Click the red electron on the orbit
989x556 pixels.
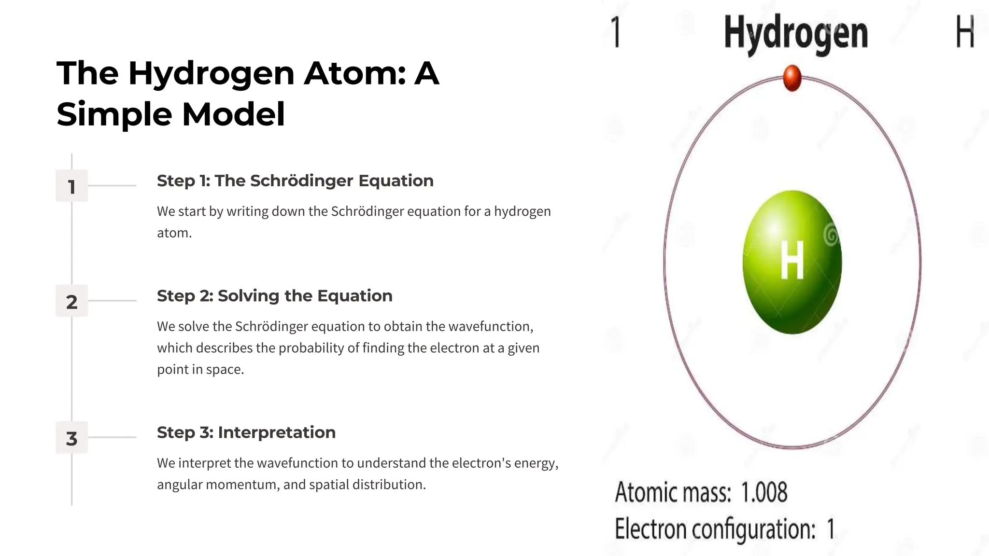pos(792,78)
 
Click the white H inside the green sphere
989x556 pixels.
pos(792,260)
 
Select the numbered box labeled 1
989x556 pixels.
pos(72,186)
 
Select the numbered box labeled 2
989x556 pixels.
pos(72,301)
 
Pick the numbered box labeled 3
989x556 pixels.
pos(72,438)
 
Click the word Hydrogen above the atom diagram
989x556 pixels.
pos(796,33)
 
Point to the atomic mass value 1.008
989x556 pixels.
pos(763,492)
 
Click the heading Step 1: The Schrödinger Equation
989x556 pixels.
pos(295,181)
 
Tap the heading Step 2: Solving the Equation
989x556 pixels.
pos(274,296)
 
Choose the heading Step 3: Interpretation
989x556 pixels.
pos(246,432)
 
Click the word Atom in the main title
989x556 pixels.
pos(354,73)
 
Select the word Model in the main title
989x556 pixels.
pos(233,114)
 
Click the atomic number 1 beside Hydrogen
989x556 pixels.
pos(616,32)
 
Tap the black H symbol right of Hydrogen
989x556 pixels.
pos(965,31)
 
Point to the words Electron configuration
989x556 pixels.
pos(715,529)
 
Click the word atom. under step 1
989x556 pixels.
pos(174,233)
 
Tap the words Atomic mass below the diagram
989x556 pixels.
pos(672,492)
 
